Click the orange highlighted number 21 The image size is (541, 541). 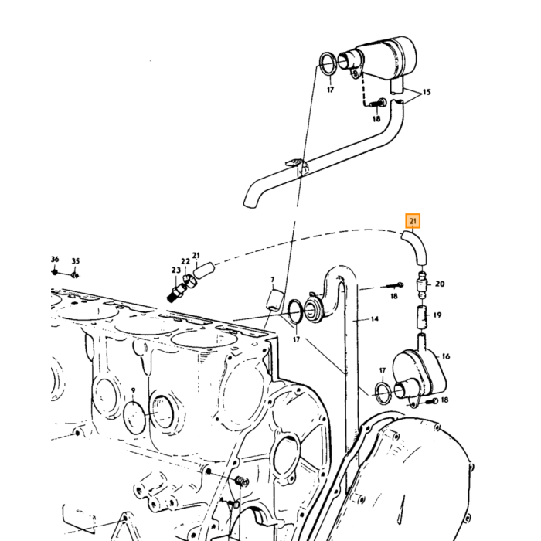tap(413, 221)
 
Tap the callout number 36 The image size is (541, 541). tap(55, 259)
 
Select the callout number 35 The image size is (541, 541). tap(76, 261)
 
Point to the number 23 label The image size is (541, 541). tap(176, 270)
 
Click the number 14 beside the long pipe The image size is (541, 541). tap(375, 319)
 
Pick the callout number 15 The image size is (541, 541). tap(427, 92)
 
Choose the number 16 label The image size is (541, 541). tap(446, 356)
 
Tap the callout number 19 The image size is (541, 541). tap(437, 315)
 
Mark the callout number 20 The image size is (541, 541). tap(440, 284)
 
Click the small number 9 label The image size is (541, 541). tap(133, 390)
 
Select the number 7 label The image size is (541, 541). tap(273, 280)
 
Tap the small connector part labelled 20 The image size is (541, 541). tap(422, 285)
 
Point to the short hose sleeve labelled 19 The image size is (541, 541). tap(422, 317)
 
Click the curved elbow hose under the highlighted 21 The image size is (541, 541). tap(416, 247)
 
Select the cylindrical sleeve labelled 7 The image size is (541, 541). tap(275, 301)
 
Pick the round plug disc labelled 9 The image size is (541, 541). tap(135, 417)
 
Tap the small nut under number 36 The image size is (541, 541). tap(55, 272)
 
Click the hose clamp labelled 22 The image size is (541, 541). tap(190, 280)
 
